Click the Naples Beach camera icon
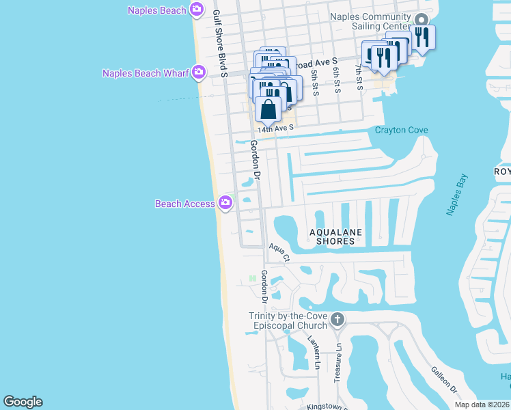(197, 9)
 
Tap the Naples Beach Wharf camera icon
(199, 72)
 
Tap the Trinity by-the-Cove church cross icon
(336, 319)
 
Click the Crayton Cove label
(402, 130)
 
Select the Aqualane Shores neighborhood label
(335, 236)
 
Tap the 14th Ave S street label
(275, 128)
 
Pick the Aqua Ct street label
(279, 253)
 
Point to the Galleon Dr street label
(444, 379)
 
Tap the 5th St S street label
(314, 80)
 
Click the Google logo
(23, 402)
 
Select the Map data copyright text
(482, 405)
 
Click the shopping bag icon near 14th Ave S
(269, 109)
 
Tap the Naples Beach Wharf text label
(146, 73)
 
